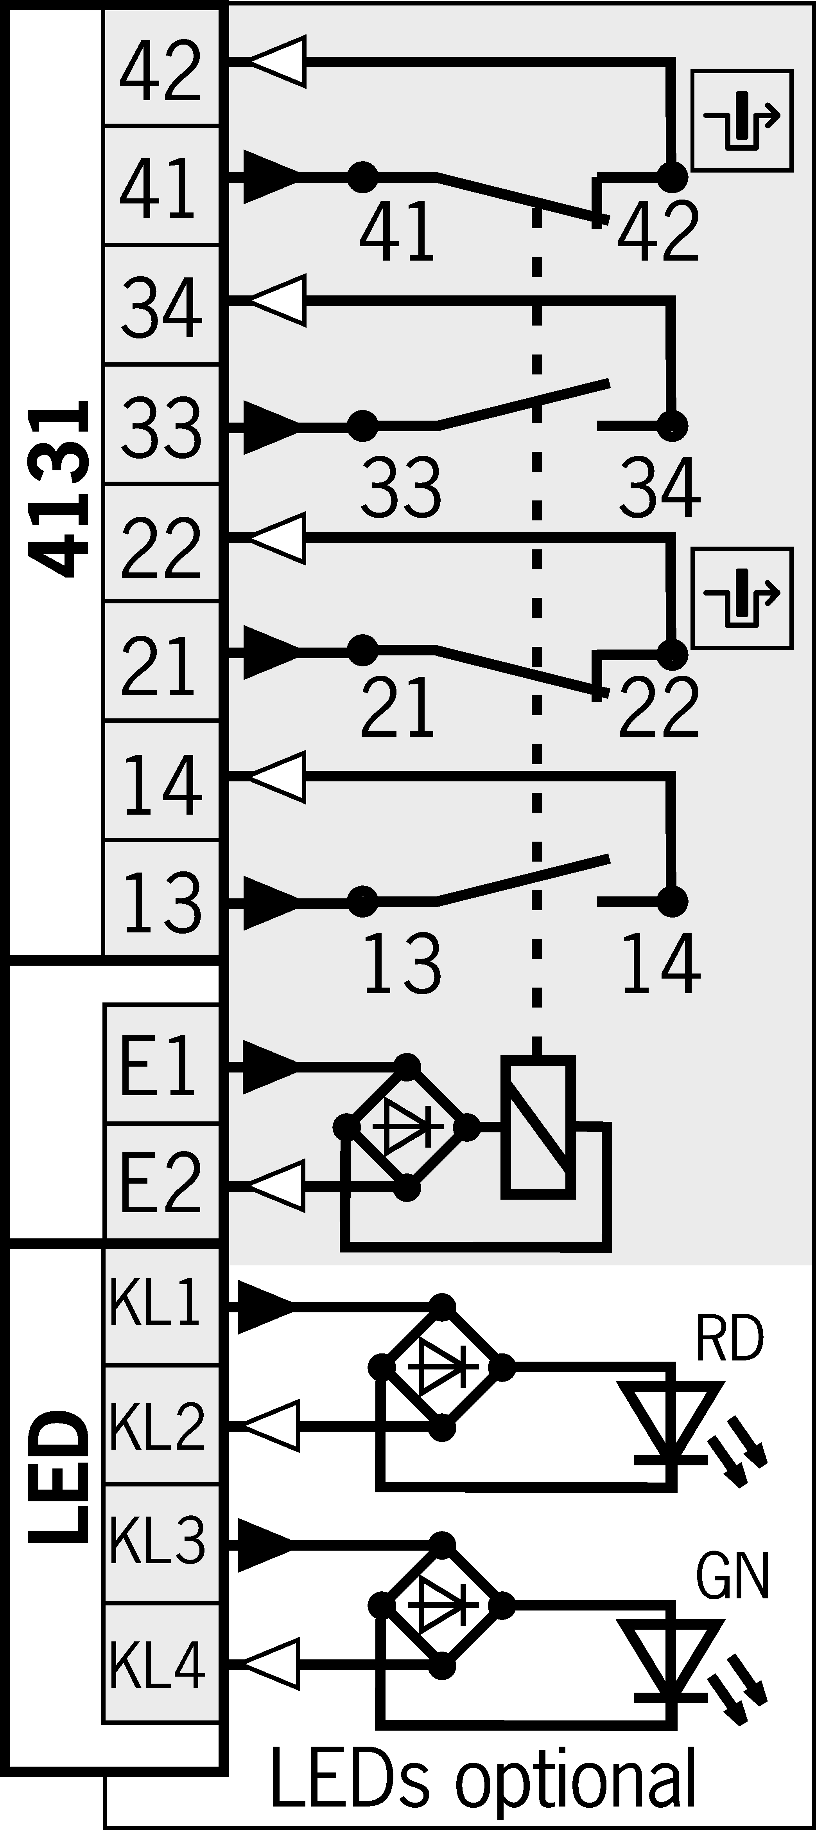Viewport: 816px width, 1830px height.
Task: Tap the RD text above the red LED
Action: click(729, 1339)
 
